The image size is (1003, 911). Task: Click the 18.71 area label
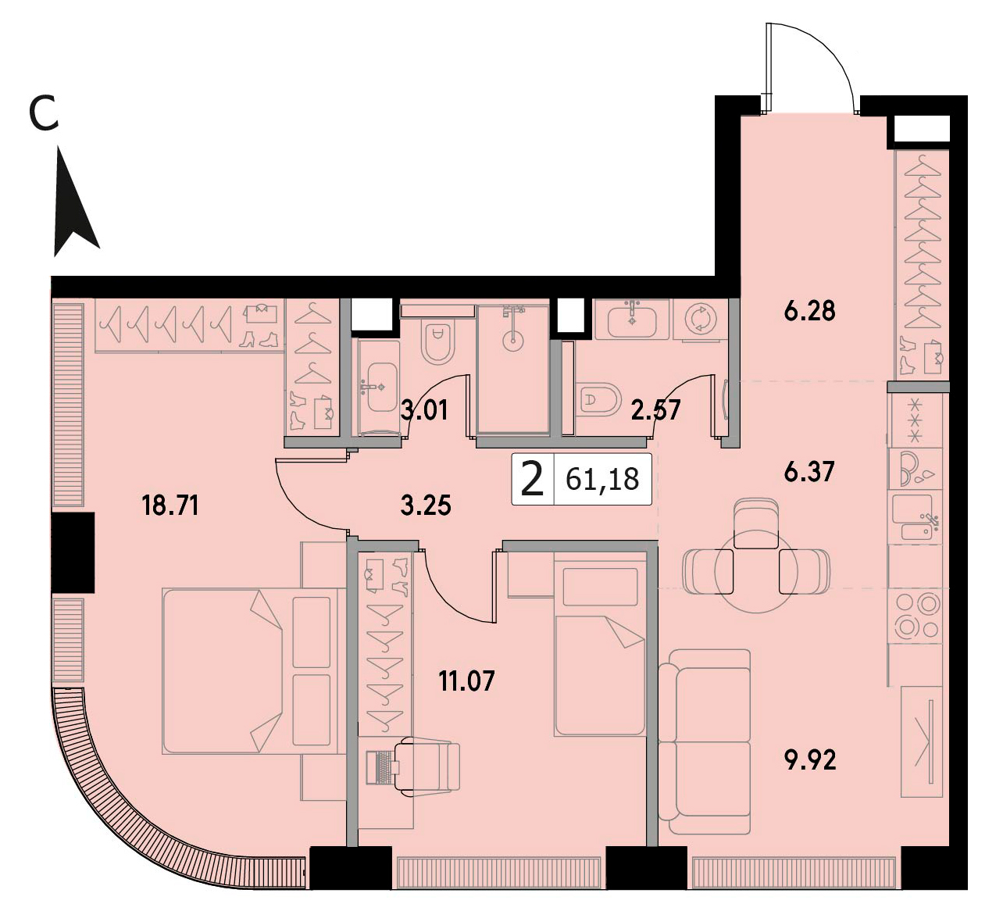[x=170, y=505]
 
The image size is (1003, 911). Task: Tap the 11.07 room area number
[x=466, y=681]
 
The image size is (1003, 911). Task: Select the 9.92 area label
[x=809, y=760]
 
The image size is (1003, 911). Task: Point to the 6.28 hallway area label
[x=809, y=311]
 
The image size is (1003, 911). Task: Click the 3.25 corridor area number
[x=426, y=505]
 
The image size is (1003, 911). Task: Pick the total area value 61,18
[x=602, y=479]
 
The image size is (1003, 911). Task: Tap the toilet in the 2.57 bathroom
[x=598, y=398]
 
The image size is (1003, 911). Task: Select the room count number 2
[x=532, y=479]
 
